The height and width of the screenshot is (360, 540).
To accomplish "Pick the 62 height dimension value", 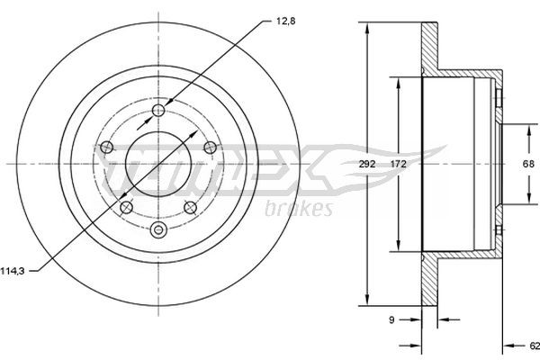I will coord(533,345).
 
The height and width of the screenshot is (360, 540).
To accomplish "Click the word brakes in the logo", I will coord(300,210).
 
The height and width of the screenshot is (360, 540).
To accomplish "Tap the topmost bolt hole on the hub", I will coord(159,110).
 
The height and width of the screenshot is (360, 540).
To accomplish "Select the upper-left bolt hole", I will coord(106,148).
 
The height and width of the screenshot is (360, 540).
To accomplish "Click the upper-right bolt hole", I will coord(210,148).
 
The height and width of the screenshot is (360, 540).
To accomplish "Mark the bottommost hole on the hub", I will coord(159,229).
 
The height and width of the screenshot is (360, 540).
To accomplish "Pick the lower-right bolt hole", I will coord(190,207).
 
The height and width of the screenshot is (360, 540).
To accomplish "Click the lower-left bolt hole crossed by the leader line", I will coord(125,207).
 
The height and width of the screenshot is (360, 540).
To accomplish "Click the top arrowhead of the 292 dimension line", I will coord(366,27).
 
